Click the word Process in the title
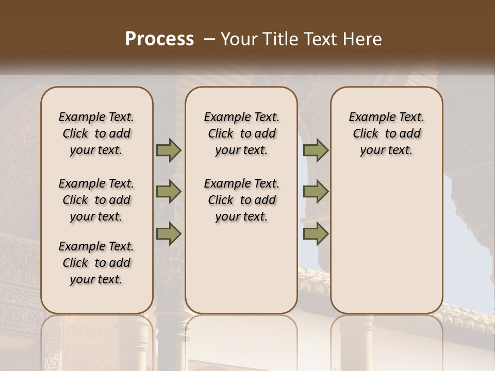(159, 39)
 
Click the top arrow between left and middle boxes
(169, 150)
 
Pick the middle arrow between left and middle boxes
(169, 192)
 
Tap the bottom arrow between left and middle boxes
(169, 234)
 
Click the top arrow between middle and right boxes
(316, 150)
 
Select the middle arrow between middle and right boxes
(316, 192)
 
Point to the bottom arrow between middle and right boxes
(316, 234)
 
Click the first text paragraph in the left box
(96, 133)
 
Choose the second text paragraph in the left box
(96, 200)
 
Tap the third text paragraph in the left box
(96, 263)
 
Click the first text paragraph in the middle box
(241, 133)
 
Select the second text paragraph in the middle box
(241, 200)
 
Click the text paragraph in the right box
(386, 133)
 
